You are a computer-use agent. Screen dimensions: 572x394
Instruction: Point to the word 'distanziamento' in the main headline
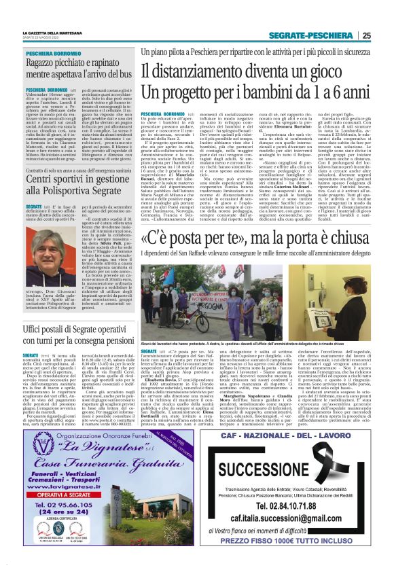[x=201, y=70]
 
